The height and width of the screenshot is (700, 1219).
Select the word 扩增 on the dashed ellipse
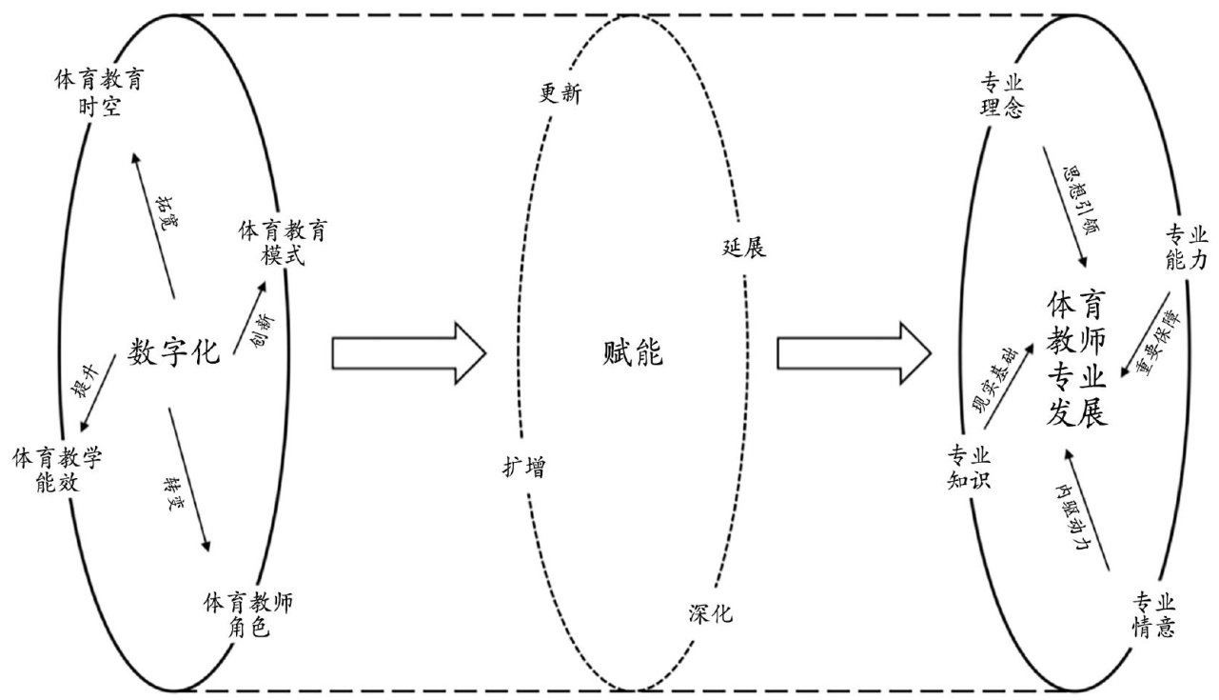point(524,468)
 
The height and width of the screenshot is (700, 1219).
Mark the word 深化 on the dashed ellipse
point(710,613)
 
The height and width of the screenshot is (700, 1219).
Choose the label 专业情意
point(1154,615)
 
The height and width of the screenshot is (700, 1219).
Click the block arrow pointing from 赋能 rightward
point(853,353)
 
